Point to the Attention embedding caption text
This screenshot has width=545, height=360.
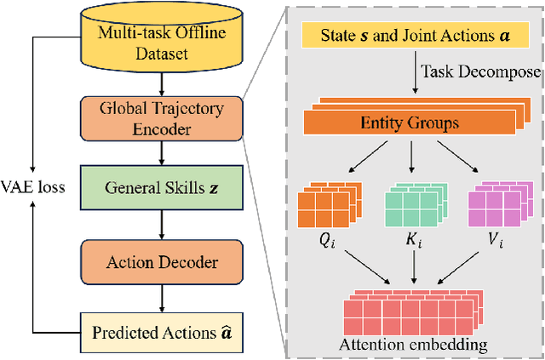[413, 344]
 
